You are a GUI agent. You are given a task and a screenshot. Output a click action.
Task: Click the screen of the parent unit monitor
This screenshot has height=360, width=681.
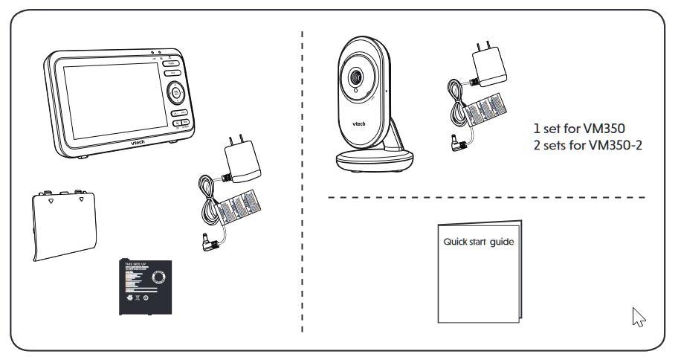[108, 101]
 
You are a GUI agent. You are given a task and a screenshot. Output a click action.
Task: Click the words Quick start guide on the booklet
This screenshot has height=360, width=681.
[478, 242]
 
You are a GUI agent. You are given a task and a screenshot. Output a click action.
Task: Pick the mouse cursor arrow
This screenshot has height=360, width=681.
[636, 316]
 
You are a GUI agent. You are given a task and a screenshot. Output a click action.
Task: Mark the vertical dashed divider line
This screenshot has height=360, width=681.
[302, 179]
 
